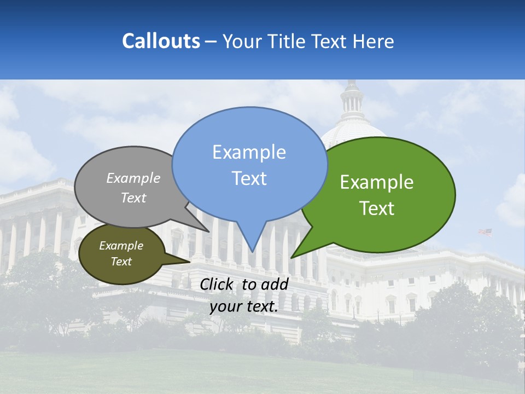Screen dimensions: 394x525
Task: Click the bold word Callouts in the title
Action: (161, 41)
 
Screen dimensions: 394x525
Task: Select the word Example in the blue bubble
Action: (249, 152)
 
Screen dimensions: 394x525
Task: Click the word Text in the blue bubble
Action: (249, 178)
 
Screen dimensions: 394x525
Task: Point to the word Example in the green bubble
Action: (377, 182)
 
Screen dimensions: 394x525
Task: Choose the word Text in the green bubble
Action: (377, 208)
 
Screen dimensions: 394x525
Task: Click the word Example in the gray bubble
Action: (133, 178)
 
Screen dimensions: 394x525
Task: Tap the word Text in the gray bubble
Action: (133, 198)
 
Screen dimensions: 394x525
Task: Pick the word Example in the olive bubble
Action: (121, 246)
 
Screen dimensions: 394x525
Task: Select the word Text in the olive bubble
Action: (121, 262)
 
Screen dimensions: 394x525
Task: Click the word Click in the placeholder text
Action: (218, 284)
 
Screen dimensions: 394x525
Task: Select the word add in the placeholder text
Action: (275, 284)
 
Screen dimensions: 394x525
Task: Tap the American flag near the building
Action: (485, 232)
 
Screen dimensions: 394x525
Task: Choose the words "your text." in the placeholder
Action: (243, 306)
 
